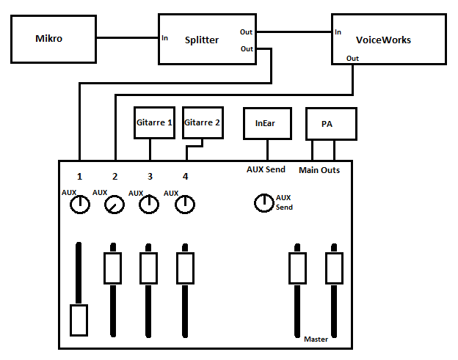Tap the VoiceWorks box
tap(389, 40)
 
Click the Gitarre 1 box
tap(154, 122)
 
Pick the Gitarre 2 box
tap(202, 122)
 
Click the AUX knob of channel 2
tap(114, 207)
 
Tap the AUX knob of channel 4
tap(185, 205)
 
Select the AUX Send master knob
tap(263, 203)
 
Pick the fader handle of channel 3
tap(149, 268)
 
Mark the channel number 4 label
tap(185, 177)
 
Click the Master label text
tap(316, 339)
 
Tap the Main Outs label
tap(319, 171)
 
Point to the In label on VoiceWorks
tap(338, 32)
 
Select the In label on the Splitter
tap(166, 38)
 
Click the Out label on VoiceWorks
tap(352, 58)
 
